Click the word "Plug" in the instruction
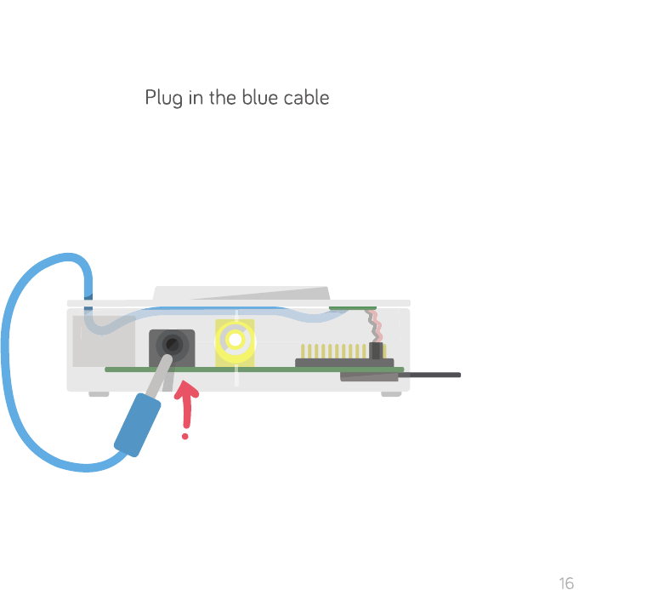pyautogui.click(x=163, y=98)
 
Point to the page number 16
pyautogui.click(x=566, y=583)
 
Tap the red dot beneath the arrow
pyautogui.click(x=184, y=436)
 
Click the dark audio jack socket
pyautogui.click(x=172, y=346)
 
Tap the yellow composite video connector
pyautogui.click(x=235, y=341)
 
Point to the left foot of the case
pyautogui.click(x=99, y=394)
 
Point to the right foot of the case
pyautogui.click(x=391, y=394)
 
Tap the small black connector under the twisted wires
pyautogui.click(x=376, y=350)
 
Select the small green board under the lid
pyautogui.click(x=352, y=307)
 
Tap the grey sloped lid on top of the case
pyautogui.click(x=247, y=294)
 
